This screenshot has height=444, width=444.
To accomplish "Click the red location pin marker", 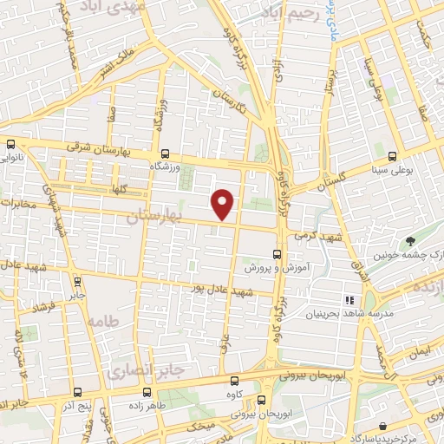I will click(x=223, y=203).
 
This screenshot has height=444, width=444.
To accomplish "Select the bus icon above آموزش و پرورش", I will click(x=277, y=254).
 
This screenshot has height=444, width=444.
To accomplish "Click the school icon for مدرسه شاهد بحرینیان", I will click(x=351, y=299).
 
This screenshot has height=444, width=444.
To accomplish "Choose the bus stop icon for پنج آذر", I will click(x=77, y=391).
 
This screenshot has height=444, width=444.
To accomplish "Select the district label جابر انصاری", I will click(x=147, y=371).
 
